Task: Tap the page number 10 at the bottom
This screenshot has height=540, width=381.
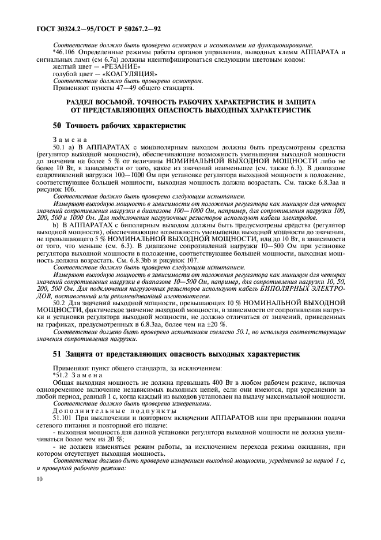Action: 39,479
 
